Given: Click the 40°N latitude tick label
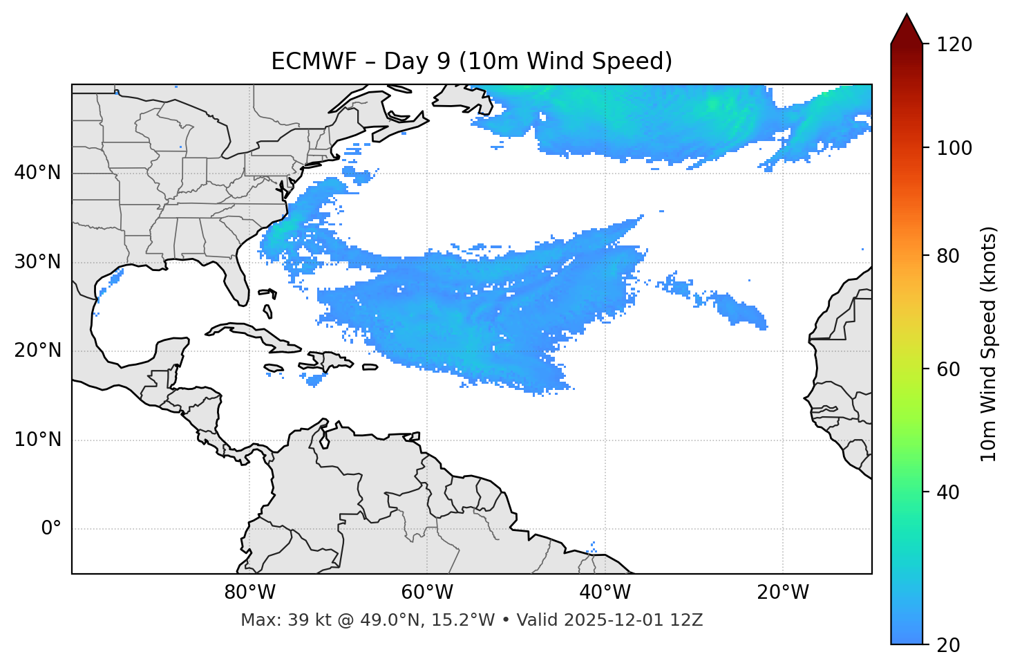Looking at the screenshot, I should [37, 172].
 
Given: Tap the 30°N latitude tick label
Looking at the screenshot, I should [37, 262].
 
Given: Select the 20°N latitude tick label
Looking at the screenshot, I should [37, 351].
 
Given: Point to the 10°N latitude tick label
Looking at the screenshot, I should [37, 440].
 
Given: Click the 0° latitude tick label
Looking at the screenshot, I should [51, 529].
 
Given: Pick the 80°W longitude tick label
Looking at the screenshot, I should [249, 593].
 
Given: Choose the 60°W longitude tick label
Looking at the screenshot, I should [427, 593].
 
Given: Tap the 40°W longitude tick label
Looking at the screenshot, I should [605, 593].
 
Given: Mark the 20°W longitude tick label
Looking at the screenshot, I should [782, 593].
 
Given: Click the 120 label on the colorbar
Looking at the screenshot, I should [954, 45].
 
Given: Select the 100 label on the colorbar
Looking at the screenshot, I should [954, 148].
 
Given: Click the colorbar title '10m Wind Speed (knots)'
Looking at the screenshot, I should [989, 344].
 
